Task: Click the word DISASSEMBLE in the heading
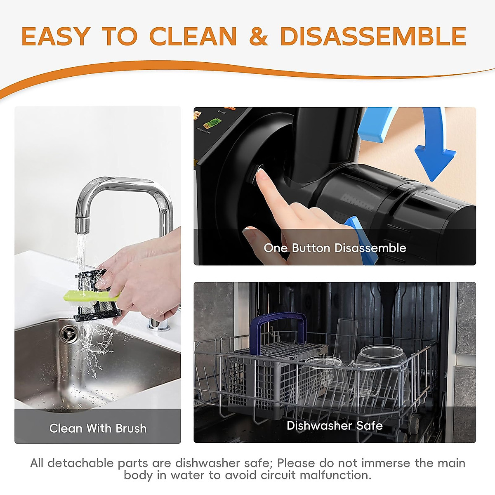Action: (x=373, y=36)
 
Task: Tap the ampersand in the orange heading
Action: (x=259, y=36)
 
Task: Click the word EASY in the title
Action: (x=55, y=36)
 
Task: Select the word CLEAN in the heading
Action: (x=193, y=36)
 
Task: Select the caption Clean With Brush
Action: (x=98, y=428)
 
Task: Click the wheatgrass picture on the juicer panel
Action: (x=212, y=123)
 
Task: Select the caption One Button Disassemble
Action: (x=335, y=248)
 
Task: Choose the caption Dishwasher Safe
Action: (x=335, y=425)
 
